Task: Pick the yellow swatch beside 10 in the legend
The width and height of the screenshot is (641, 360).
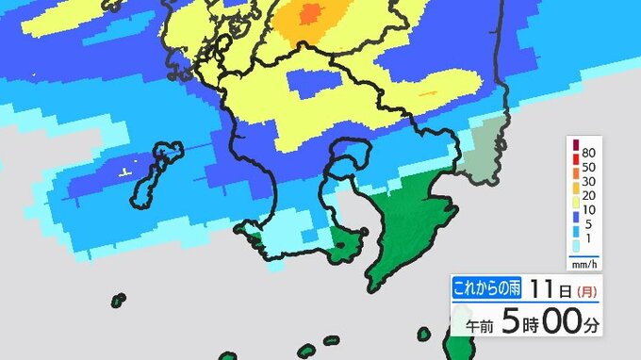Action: [574, 217]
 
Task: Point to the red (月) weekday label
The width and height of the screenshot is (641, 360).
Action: [585, 289]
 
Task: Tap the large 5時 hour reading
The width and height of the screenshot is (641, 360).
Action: [522, 321]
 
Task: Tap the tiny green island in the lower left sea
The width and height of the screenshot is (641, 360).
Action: [119, 302]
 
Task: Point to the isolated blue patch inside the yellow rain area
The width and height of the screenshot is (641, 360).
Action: [310, 86]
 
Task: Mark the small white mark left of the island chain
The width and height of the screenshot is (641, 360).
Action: [123, 172]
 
